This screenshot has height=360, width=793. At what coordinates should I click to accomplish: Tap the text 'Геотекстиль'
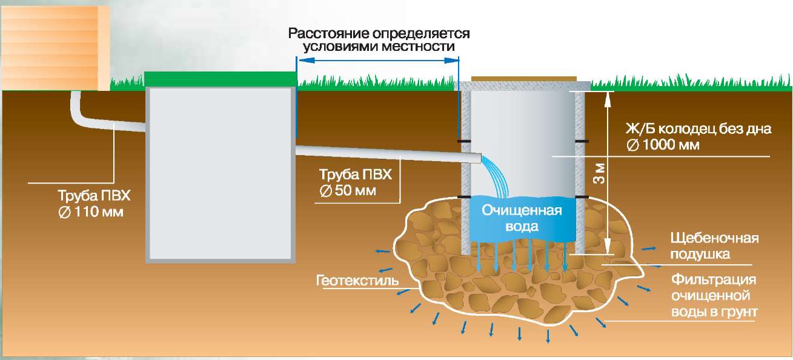[x=357, y=281]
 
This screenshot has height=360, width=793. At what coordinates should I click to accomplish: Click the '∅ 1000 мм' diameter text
[x=663, y=145]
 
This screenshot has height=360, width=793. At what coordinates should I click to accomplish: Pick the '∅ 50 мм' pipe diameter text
[x=348, y=190]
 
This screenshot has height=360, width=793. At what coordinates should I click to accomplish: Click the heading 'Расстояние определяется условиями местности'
[x=379, y=39]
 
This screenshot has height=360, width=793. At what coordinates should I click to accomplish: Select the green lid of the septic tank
[x=221, y=79]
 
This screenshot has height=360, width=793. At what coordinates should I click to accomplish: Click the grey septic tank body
[x=221, y=173]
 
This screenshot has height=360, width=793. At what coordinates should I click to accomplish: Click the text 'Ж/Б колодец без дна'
[x=698, y=129]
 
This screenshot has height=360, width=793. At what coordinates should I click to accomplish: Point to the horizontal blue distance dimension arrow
[x=379, y=59]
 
